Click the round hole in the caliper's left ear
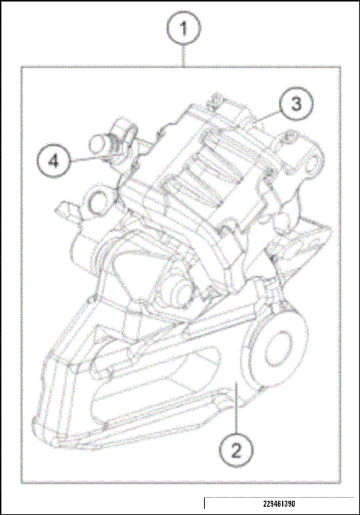[x=97, y=202]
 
